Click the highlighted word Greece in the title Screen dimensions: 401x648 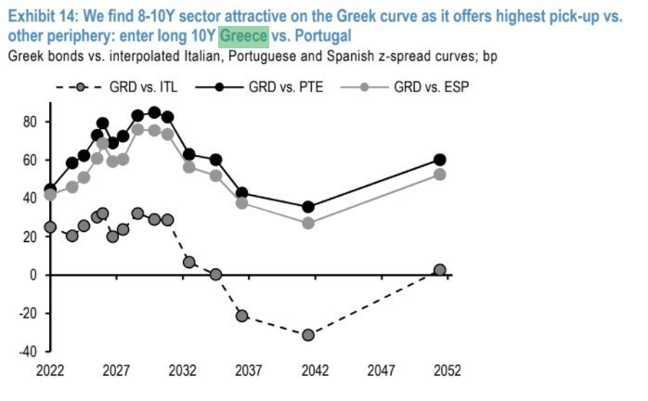(243, 36)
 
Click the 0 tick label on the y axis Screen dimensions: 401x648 (32, 276)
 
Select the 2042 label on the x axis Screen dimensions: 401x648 (315, 370)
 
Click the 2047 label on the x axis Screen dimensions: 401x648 (381, 370)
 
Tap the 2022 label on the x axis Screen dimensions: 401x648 (50, 370)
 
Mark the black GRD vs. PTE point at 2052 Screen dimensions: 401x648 (440, 160)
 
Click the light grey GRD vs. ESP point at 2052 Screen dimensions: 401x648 (440, 175)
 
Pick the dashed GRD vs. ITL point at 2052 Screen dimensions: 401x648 (440, 270)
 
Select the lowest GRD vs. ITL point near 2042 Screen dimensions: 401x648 (308, 335)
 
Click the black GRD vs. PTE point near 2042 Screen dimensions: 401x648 (308, 207)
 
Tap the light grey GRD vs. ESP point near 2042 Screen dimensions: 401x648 (308, 223)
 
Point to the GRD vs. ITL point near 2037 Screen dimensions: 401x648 (242, 316)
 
